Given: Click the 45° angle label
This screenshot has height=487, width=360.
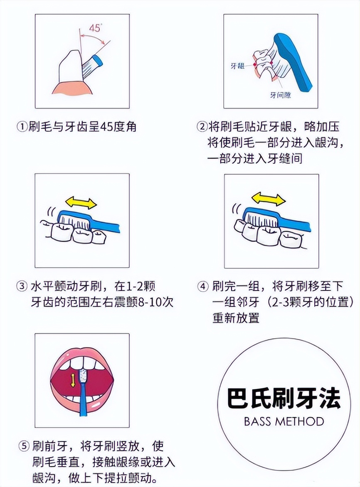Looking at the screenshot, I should coord(96,29).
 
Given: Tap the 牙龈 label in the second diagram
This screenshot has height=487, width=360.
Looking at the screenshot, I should coord(237,66).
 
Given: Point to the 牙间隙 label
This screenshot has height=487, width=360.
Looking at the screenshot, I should coord(281,95).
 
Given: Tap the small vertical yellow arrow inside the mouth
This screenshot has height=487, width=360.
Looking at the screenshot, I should coord(73,379).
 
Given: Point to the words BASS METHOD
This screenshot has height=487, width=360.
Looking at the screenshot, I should coord(284,421).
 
